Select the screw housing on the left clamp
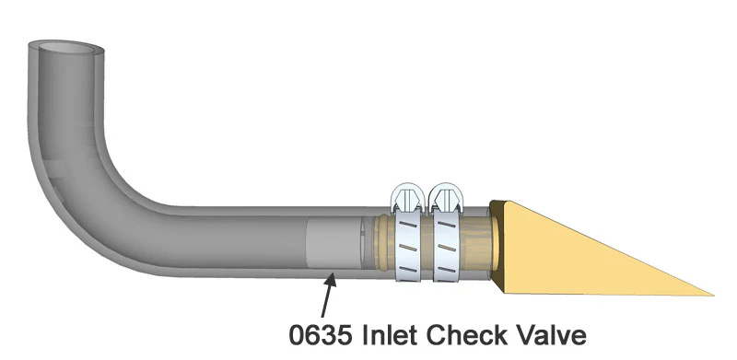pos(406,199)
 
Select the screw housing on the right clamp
pos(448,199)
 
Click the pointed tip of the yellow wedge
pos(709,295)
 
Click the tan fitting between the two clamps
pos(427,246)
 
